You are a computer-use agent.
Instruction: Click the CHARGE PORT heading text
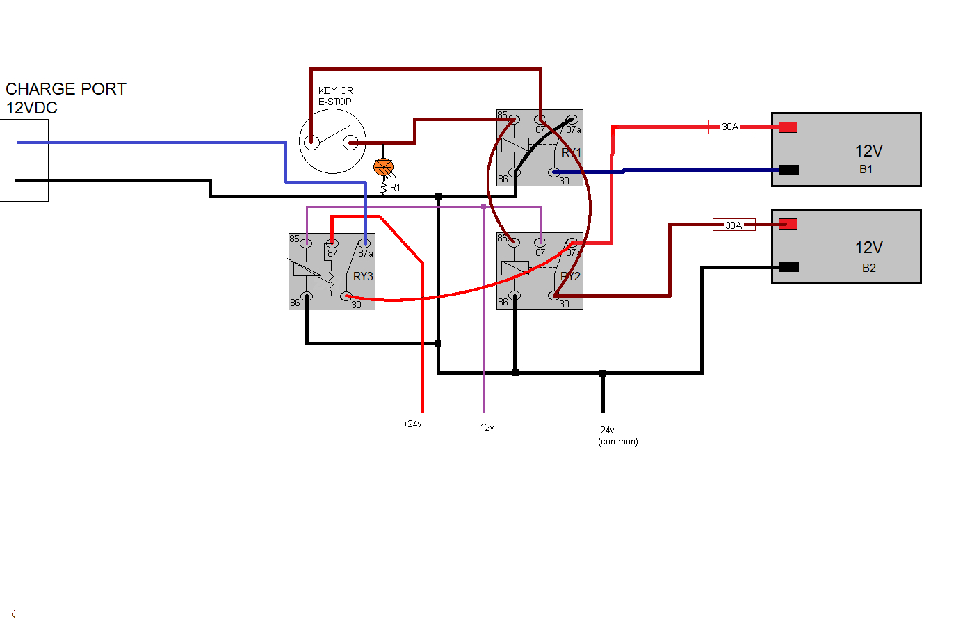pyautogui.click(x=66, y=89)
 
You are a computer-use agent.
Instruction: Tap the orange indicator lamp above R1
pyautogui.click(x=383, y=167)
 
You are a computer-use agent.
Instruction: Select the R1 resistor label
pyautogui.click(x=395, y=187)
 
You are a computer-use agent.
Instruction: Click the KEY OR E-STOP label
pyautogui.click(x=335, y=96)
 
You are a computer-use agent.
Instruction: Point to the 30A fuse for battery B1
pyautogui.click(x=731, y=127)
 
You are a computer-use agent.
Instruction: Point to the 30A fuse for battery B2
pyautogui.click(x=734, y=225)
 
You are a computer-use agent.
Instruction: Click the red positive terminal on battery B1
pyautogui.click(x=788, y=127)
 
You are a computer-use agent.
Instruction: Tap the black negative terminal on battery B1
pyautogui.click(x=788, y=170)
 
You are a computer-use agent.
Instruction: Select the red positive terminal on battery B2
pyautogui.click(x=788, y=224)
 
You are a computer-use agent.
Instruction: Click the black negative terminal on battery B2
pyautogui.click(x=788, y=266)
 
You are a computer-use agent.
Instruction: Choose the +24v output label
pyautogui.click(x=412, y=424)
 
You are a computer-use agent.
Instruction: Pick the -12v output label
pyautogui.click(x=485, y=427)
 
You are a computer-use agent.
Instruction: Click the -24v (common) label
pyautogui.click(x=617, y=435)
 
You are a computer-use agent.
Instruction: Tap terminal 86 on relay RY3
pyautogui.click(x=307, y=297)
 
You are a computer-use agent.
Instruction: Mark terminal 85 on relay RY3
pyautogui.click(x=306, y=243)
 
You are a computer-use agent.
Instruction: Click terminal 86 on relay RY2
pyautogui.click(x=515, y=296)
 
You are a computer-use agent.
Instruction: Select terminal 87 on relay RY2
pyautogui.click(x=540, y=243)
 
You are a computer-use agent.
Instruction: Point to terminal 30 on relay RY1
pyautogui.click(x=554, y=172)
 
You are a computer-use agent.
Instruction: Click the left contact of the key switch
pyautogui.click(x=311, y=143)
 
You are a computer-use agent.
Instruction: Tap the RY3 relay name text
pyautogui.click(x=363, y=276)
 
